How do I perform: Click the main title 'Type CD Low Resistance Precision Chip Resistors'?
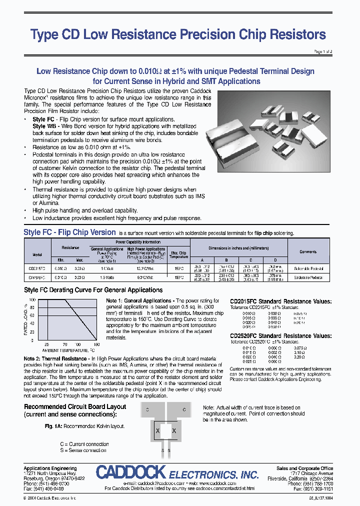tap(178, 34)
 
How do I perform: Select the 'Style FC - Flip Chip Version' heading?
tap(69, 232)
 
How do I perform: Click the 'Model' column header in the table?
tap(37, 254)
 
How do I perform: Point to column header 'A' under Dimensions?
tap(202, 260)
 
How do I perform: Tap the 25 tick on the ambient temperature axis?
tap(46, 344)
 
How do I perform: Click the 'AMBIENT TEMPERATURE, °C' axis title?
tap(64, 350)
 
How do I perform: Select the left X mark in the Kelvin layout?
tap(158, 430)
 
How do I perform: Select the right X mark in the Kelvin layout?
tap(174, 430)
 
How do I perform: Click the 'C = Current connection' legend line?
tap(84, 444)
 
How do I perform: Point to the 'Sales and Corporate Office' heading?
tap(304, 468)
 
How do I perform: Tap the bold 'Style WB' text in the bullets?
tap(44, 126)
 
